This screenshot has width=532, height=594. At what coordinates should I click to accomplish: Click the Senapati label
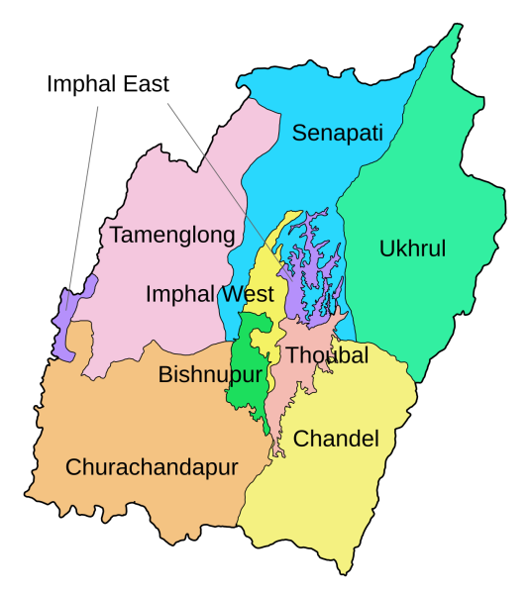337,133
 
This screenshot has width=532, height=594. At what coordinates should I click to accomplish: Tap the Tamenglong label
172,235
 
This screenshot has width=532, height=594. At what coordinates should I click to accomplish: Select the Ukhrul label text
412,248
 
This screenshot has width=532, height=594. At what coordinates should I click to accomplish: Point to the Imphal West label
209,294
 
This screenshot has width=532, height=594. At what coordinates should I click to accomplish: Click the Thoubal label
327,355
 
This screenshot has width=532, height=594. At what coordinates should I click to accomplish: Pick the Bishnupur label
210,375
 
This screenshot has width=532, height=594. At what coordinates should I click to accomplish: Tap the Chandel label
337,439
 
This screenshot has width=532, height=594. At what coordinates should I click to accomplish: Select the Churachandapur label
152,467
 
